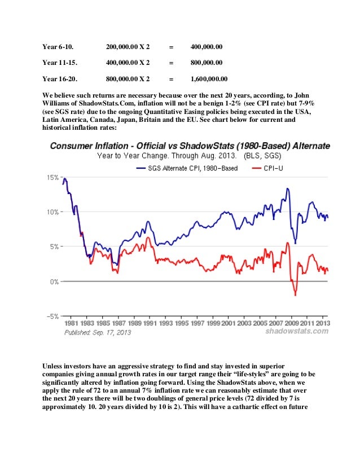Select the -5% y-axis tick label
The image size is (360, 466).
point(52,316)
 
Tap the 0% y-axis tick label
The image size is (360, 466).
point(54,282)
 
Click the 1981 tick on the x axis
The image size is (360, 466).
point(71,323)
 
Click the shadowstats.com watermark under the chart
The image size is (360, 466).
point(297,332)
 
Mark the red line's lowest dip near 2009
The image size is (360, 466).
point(295,295)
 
